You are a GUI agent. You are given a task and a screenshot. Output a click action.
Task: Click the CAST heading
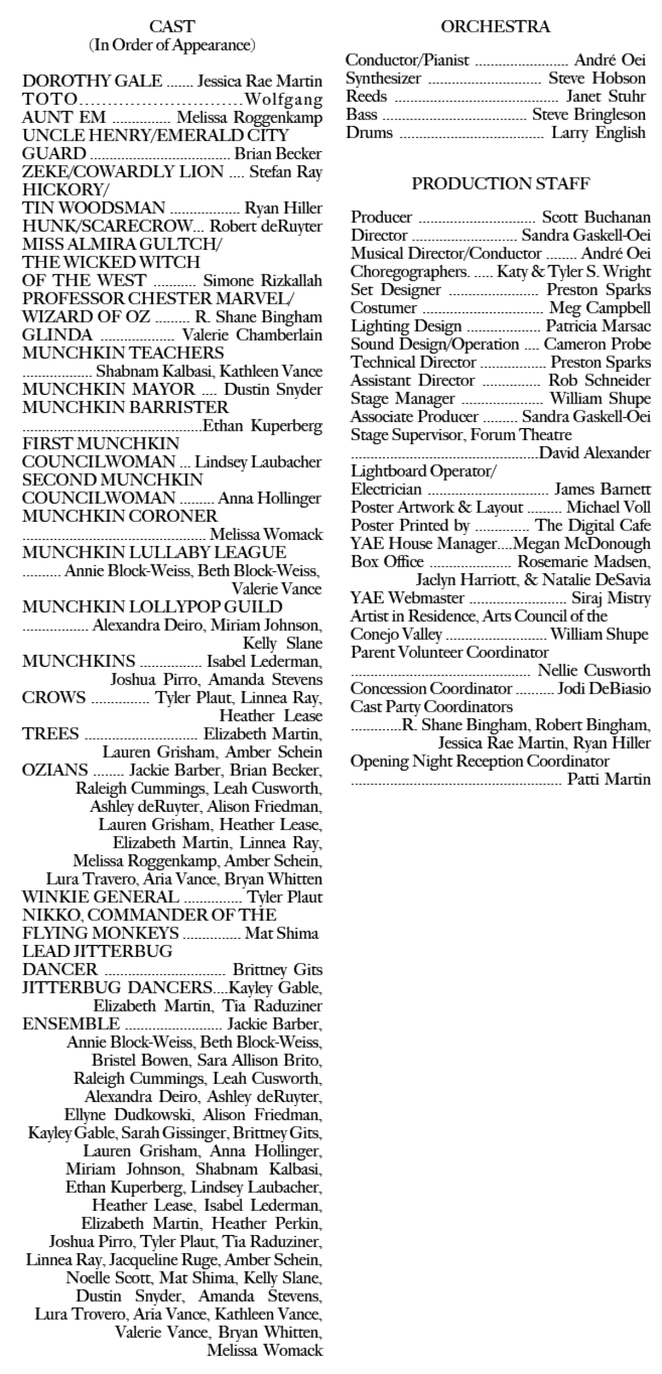[x=172, y=26]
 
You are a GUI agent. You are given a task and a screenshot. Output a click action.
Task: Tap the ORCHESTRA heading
[x=495, y=26]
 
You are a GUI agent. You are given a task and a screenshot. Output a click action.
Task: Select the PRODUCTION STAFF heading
[x=500, y=184]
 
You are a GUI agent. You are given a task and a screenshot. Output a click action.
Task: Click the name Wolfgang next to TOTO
[x=284, y=99]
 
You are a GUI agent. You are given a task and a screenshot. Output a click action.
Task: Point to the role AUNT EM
[x=64, y=117]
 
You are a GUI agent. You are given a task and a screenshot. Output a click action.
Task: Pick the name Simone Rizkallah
[x=263, y=281]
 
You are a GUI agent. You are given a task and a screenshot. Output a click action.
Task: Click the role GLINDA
[x=57, y=335]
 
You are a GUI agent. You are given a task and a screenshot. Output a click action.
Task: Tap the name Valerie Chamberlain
[x=252, y=335]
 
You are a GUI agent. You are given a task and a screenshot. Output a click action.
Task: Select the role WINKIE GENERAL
[x=100, y=897]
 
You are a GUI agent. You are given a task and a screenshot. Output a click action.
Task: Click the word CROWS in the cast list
[x=54, y=698]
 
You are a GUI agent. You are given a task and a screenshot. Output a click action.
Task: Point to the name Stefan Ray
[x=286, y=172]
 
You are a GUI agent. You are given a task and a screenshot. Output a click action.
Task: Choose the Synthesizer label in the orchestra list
[x=383, y=78]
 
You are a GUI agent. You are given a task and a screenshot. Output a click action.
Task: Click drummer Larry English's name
[x=599, y=133]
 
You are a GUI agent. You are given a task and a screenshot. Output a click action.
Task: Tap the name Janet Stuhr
[x=606, y=97]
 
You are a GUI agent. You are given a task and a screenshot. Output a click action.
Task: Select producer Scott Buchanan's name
[x=596, y=217]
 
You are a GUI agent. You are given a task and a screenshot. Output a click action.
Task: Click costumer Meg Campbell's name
[x=600, y=308]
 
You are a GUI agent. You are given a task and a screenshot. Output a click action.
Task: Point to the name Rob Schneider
[x=600, y=381]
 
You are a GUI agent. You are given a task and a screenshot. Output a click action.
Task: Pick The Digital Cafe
[x=593, y=526]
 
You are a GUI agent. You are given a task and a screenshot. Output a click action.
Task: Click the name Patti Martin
[x=609, y=780]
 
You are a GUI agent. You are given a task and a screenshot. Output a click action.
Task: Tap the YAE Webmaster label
[x=407, y=598]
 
